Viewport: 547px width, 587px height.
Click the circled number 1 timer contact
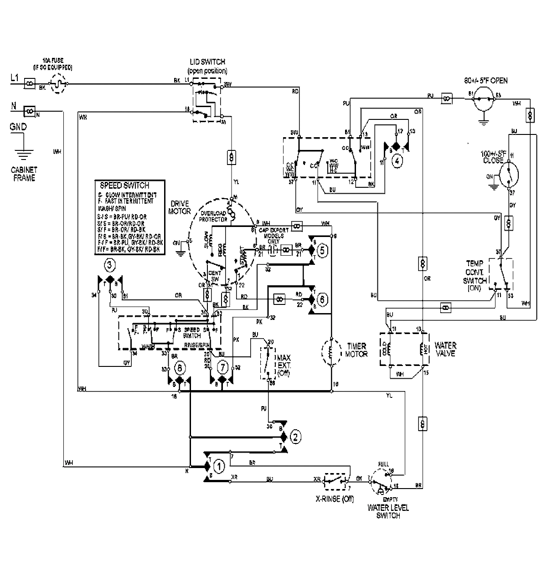click(x=220, y=466)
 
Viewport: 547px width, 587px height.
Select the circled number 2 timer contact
click(x=295, y=437)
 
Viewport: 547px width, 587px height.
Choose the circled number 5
click(x=322, y=250)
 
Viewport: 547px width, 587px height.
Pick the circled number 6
click(x=322, y=299)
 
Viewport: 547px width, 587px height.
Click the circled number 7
click(x=222, y=366)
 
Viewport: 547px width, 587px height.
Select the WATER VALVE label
click(x=445, y=349)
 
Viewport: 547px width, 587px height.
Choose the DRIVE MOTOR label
click(x=179, y=208)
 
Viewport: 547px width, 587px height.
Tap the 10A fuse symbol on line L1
click(x=58, y=84)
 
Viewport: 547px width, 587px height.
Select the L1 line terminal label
click(x=15, y=78)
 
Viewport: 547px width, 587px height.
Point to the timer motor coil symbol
click(x=332, y=352)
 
